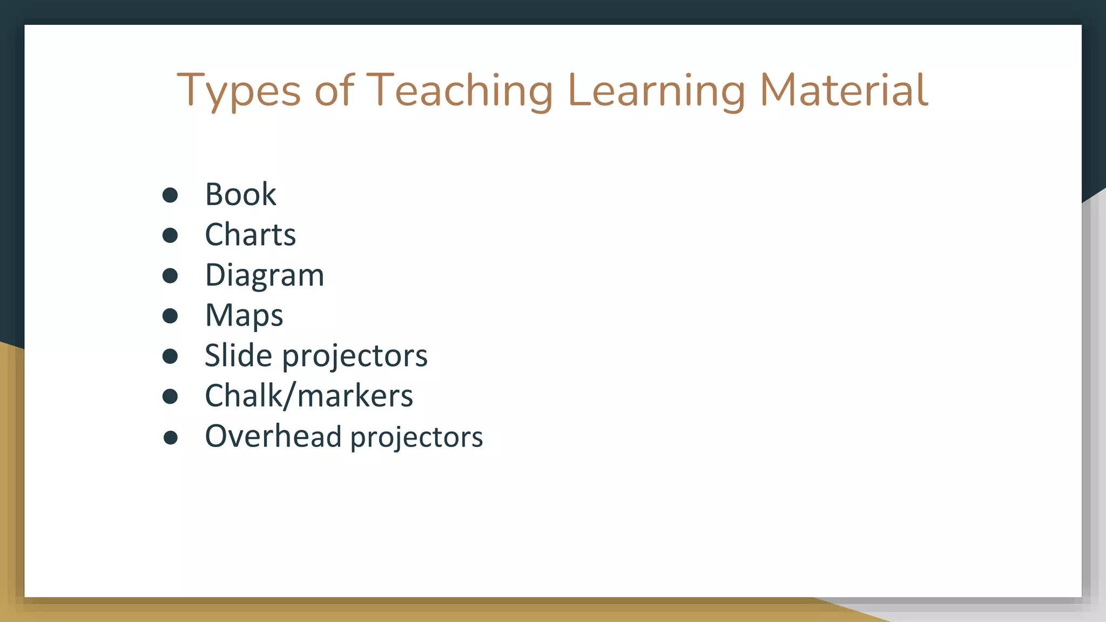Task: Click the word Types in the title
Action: (238, 91)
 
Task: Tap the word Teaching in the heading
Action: (460, 91)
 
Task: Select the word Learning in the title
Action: (657, 91)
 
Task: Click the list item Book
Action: (240, 194)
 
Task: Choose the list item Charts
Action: (250, 235)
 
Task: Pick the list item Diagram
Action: (264, 275)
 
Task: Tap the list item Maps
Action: (244, 316)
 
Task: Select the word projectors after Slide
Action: (355, 357)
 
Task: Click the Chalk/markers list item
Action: (308, 396)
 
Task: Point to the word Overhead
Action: (273, 436)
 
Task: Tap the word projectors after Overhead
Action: (416, 437)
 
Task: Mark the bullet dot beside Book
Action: (170, 195)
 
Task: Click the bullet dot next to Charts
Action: (170, 235)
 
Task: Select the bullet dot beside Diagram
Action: (170, 276)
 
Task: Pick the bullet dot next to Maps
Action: (170, 316)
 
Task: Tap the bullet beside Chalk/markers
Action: (170, 396)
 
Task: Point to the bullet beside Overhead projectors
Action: (171, 437)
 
